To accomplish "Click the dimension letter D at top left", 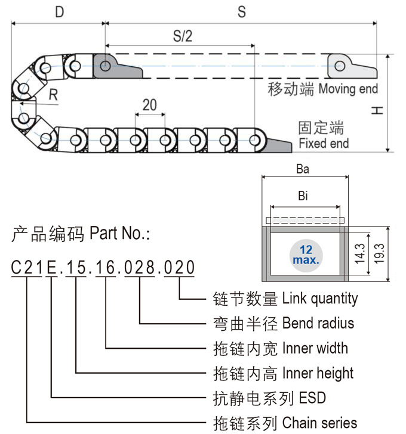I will tap(60, 12).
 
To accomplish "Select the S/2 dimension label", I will tap(183, 36).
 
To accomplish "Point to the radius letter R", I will tap(54, 94).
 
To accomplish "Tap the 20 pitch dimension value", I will tap(149, 106).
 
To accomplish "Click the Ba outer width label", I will tap(303, 169).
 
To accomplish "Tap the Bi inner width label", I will tap(303, 196).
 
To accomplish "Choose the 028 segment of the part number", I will tap(139, 268).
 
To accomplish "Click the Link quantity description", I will tap(320, 298).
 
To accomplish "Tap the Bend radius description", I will tap(318, 323).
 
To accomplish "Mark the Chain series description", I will tap(319, 423).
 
